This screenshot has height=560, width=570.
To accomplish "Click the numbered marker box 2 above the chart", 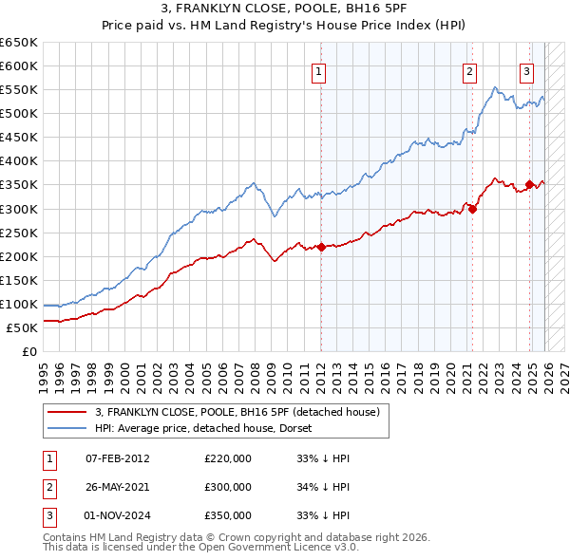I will coord(469,71).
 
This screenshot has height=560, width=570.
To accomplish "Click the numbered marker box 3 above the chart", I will coord(526,71).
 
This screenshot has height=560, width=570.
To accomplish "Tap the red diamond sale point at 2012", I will coord(321,247).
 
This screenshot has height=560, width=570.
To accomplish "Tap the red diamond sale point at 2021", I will coord(472,210).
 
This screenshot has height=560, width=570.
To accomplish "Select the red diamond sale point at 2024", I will coord(529,185).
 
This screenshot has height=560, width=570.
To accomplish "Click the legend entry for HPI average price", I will coord(180,427).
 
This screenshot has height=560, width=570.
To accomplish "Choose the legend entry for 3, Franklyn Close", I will coord(237,412).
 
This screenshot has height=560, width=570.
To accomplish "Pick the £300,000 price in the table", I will coord(228,487).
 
